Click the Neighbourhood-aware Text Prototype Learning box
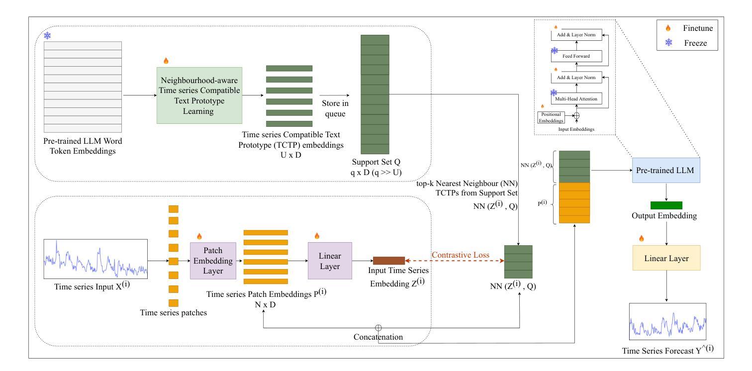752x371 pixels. coord(199,95)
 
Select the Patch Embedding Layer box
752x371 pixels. coord(213,261)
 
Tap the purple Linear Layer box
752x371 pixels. coord(330,261)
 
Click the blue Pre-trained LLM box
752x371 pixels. coord(666,170)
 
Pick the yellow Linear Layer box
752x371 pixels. coord(666,258)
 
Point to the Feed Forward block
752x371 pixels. coord(576,56)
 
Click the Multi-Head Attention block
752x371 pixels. coord(576,98)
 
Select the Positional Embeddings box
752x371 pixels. coord(551,117)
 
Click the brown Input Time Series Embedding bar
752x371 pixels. coord(389,261)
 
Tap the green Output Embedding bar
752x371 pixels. coord(666,205)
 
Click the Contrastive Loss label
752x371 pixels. coord(460,255)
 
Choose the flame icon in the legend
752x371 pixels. coord(668,28)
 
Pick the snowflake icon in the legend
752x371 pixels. coord(669,42)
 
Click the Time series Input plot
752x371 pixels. coord(95,259)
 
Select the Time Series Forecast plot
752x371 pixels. coord(667,322)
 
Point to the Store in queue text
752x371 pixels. coord(335,108)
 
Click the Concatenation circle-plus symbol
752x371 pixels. coord(378,328)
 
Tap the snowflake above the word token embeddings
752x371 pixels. coord(47,35)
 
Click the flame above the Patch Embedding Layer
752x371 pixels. coord(199,236)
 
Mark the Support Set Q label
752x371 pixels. coord(376,162)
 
